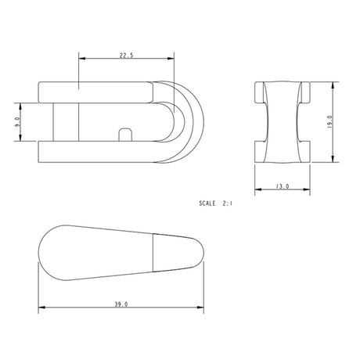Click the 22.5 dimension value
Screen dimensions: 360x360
click(125, 55)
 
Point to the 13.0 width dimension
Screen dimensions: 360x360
click(282, 187)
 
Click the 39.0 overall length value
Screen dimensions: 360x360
click(121, 303)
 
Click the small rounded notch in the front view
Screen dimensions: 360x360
click(123, 135)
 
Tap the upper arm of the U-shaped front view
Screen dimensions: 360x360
click(94, 91)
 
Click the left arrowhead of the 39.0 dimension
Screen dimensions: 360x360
click(41, 308)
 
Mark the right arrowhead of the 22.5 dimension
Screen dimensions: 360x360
click(171, 59)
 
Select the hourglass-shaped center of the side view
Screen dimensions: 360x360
click(282, 121)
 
